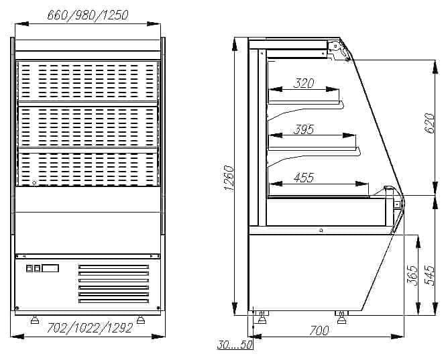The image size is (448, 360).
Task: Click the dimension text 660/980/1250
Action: [x=88, y=15]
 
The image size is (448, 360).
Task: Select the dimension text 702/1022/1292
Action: [x=89, y=328]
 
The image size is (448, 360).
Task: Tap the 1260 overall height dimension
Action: [x=229, y=178]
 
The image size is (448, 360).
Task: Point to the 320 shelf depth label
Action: [x=304, y=83]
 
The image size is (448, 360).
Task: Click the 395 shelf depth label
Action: [x=304, y=129]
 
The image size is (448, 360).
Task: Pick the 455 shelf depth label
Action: [x=304, y=178]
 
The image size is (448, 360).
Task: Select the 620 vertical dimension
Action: [x=429, y=123]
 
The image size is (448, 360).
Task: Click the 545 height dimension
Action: [x=429, y=276]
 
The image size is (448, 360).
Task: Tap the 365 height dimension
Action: [x=412, y=276]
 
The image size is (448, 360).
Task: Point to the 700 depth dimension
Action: [x=319, y=331]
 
